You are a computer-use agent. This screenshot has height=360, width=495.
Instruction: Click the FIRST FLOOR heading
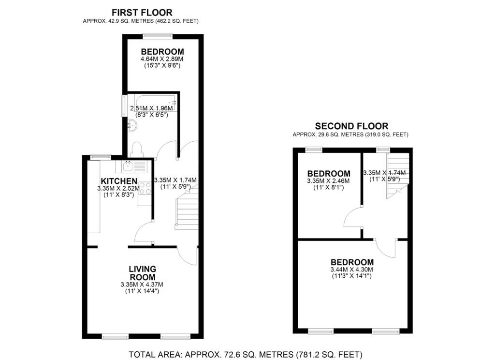142,13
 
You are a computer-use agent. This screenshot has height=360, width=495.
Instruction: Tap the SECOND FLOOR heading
351,126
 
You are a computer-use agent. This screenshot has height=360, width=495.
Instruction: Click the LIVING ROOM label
142,273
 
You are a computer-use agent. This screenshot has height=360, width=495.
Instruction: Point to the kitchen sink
129,167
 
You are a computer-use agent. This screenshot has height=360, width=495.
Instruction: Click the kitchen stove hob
145,188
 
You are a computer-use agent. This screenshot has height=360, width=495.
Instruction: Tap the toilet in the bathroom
137,149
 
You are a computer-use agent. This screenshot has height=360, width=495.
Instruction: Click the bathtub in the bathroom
153,103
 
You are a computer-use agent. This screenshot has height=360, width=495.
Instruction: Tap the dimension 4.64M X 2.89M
162,59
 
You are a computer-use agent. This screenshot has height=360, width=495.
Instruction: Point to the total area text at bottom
246,354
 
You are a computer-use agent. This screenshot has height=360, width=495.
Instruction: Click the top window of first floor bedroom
158,34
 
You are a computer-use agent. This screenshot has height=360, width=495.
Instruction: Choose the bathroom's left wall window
124,105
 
